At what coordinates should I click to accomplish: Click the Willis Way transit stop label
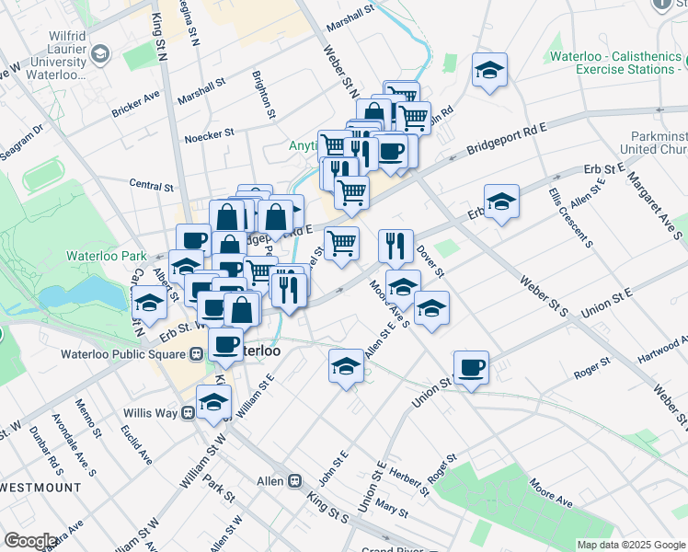(x=152, y=413)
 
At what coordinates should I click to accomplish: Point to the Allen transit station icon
(x=296, y=480)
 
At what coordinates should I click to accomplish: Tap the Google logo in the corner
(x=29, y=540)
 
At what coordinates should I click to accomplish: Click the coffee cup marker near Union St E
(x=471, y=368)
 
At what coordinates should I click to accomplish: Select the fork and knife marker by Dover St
(x=396, y=245)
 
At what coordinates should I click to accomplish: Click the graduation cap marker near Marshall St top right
(x=489, y=69)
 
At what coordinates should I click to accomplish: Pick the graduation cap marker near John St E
(x=346, y=365)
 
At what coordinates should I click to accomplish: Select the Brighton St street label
(x=264, y=97)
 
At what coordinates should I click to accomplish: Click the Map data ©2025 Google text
(x=630, y=545)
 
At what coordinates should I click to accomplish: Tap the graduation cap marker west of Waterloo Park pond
(x=149, y=303)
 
